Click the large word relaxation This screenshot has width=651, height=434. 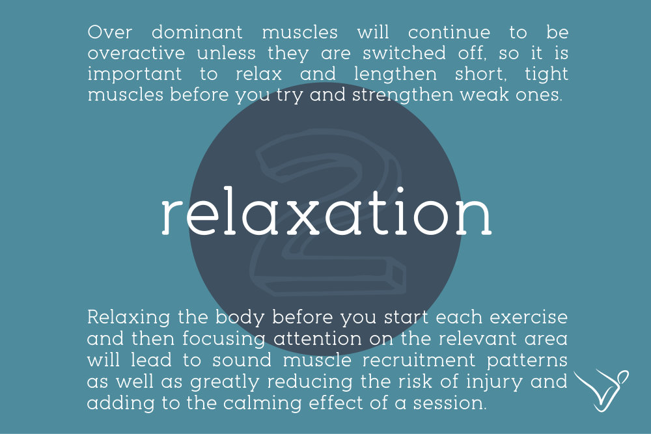(326, 211)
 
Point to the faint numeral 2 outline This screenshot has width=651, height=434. (328, 212)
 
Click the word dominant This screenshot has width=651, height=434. (197, 33)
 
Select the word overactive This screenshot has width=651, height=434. (136, 53)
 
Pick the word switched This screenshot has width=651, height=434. (404, 53)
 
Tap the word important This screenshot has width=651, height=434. (135, 75)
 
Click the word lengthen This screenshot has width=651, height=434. (395, 75)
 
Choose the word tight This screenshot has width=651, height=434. (546, 75)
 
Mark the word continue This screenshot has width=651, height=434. (449, 33)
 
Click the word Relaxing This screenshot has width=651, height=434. (129, 318)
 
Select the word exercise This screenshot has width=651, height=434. (529, 318)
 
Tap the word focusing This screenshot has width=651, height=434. (223, 340)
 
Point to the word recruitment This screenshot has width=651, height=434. (419, 360)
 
